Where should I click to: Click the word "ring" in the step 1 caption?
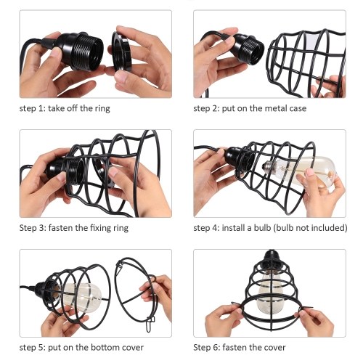(102, 108)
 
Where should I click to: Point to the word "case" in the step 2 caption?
(298, 108)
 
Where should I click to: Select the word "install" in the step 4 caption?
(233, 228)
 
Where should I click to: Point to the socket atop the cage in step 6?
(271, 257)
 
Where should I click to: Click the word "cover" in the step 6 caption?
(276, 348)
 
